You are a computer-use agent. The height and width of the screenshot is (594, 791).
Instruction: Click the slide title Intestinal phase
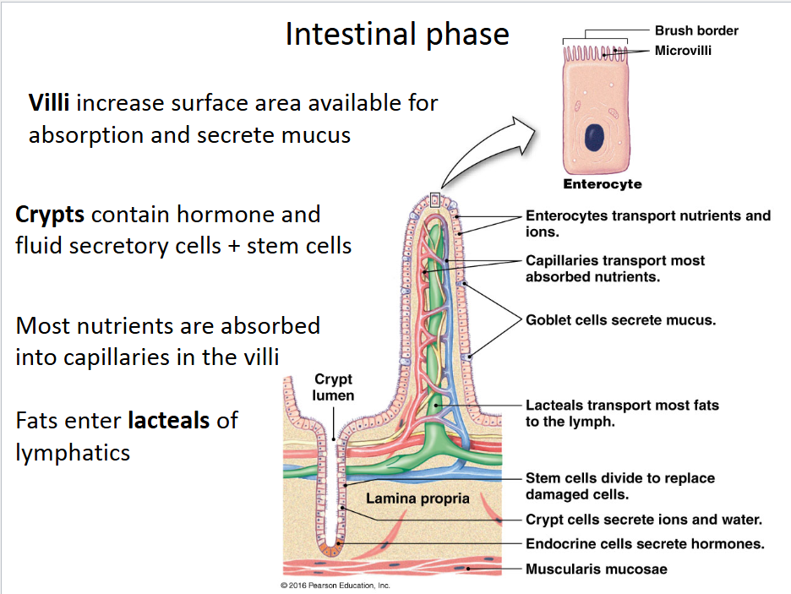tap(397, 34)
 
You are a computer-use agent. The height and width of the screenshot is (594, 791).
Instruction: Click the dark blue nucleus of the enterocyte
tap(597, 139)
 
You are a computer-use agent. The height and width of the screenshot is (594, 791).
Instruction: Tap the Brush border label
tap(696, 30)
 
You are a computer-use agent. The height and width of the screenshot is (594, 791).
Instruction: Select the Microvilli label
tap(683, 51)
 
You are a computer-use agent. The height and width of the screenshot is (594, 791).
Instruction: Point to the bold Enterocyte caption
tap(603, 184)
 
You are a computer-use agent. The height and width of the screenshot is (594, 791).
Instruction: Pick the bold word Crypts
tap(50, 214)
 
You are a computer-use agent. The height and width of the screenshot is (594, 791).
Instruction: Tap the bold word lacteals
tap(169, 419)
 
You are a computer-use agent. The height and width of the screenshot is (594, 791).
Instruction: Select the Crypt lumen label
tap(333, 388)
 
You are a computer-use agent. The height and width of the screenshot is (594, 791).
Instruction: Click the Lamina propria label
tap(417, 499)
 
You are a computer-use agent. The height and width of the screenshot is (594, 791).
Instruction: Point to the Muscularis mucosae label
tap(596, 569)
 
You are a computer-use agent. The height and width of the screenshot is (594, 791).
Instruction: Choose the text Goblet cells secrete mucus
tap(620, 321)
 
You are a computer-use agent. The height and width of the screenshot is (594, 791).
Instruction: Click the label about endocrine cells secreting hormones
tap(645, 544)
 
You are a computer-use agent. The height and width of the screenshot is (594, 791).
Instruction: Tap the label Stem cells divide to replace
tap(619, 478)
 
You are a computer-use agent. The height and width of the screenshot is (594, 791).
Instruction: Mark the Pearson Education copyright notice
tap(335, 586)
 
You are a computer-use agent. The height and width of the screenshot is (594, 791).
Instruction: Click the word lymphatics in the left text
tap(73, 453)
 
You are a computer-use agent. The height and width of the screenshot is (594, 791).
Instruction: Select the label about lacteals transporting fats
tap(622, 406)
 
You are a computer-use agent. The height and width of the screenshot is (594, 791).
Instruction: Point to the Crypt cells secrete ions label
tap(644, 520)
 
